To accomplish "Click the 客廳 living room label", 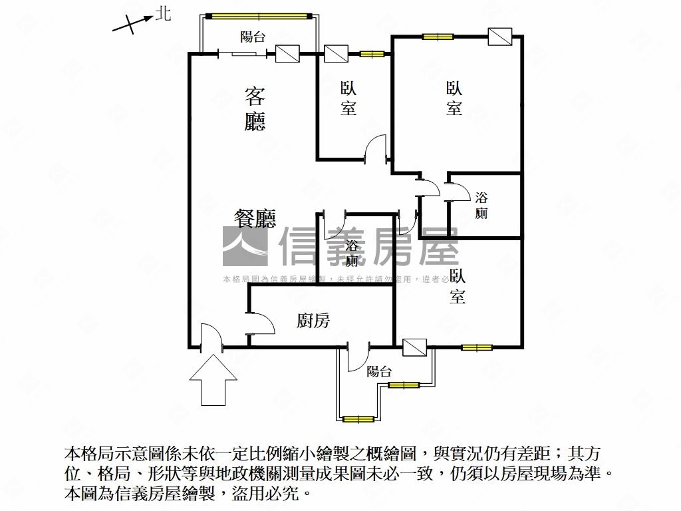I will coord(255,109).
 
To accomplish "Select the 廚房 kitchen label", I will coord(313,321).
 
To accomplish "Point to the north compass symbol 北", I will coord(162,14).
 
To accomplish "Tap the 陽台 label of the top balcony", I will coord(253,37).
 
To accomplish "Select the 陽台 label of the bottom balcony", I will coord(378,371).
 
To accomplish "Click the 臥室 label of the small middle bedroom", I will coord(348,98).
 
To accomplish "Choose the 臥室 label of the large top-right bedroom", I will coord(454,98).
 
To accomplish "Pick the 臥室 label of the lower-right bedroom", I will coord(457,286).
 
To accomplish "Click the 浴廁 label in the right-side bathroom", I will coord(481,205).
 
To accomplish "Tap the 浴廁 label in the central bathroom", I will coord(352,253).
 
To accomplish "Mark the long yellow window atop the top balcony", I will coord(258,15).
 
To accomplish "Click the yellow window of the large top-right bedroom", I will coord(438,37).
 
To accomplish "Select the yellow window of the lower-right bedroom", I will coord(477,347).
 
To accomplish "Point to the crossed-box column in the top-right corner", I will coord(499,37).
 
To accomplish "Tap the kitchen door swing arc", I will coord(261,323).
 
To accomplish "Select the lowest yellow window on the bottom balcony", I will coord(358,419).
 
